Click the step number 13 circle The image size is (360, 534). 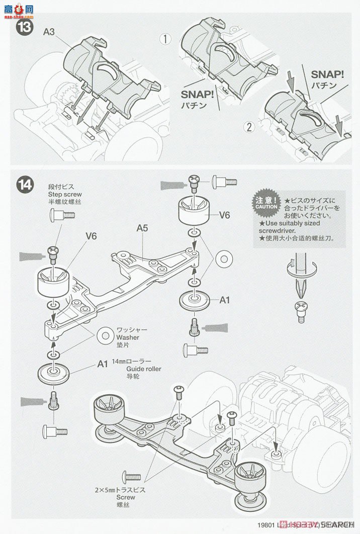tap(25, 26)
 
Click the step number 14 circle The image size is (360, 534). tap(25, 185)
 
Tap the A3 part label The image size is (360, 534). tap(49, 32)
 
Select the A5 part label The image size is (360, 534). tap(143, 227)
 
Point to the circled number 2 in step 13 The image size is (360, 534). tap(248, 127)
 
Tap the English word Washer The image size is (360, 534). tap(128, 337)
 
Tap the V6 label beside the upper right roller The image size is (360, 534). tap(224, 215)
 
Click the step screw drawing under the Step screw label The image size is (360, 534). tap(62, 215)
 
